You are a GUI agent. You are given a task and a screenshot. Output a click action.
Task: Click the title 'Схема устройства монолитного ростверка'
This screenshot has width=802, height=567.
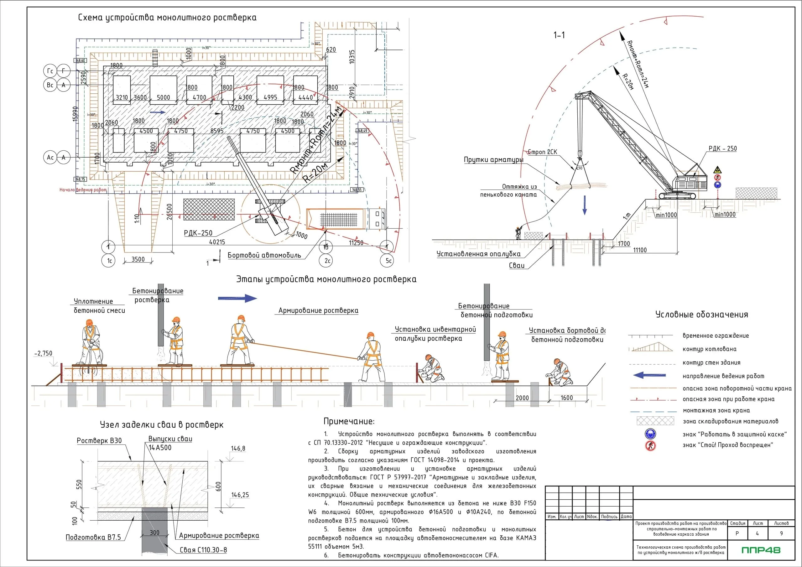click(x=167, y=18)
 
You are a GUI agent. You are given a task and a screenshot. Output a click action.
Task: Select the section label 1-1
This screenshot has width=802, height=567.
click(x=559, y=35)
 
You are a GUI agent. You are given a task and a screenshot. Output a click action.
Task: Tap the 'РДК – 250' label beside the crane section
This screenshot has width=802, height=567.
click(x=722, y=148)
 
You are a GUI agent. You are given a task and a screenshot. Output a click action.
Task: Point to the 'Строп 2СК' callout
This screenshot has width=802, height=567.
click(x=543, y=152)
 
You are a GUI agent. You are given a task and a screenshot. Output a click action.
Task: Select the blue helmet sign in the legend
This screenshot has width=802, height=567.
click(x=650, y=434)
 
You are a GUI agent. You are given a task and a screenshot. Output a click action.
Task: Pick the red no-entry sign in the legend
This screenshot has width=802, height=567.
click(x=650, y=445)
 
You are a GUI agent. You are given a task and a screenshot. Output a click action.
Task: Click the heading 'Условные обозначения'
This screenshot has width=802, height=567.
click(x=702, y=315)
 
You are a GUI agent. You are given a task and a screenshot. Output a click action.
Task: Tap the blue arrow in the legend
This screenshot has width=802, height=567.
click(x=649, y=376)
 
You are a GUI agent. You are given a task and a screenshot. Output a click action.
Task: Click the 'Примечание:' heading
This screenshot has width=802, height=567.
click(x=349, y=421)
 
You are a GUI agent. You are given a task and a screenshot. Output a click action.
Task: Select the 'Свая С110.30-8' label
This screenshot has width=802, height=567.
click(x=203, y=550)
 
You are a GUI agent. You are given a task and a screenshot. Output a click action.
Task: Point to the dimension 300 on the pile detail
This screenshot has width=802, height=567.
click(x=154, y=533)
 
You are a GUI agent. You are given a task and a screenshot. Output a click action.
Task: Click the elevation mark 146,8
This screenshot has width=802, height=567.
click(x=238, y=448)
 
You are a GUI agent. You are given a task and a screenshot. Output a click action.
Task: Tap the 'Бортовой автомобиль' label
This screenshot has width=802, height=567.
click(x=264, y=255)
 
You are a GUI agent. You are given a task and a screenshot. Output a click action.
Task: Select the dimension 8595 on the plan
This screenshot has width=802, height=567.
click(x=216, y=131)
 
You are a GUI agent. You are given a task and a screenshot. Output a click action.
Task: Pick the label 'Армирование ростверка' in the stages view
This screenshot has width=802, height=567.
click(x=318, y=310)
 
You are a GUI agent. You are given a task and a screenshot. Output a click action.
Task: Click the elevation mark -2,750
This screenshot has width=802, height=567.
click(x=43, y=353)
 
